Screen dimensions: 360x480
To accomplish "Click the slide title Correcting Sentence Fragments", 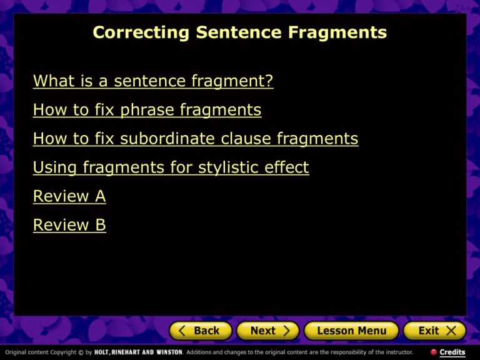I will (239, 32).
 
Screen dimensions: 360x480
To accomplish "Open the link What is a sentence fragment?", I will (153, 81).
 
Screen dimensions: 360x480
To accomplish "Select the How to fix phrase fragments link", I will (147, 111).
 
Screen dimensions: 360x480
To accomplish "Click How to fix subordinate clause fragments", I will (196, 139).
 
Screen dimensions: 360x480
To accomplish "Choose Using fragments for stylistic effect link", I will (171, 167).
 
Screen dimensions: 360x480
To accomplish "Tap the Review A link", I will (69, 196).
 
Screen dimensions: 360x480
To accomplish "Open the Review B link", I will (69, 225).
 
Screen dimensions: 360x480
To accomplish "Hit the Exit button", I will (434, 331).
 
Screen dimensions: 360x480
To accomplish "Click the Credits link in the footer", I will (452, 352).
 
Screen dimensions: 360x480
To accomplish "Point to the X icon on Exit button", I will (452, 331).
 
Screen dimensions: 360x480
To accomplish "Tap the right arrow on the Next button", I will (286, 331).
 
